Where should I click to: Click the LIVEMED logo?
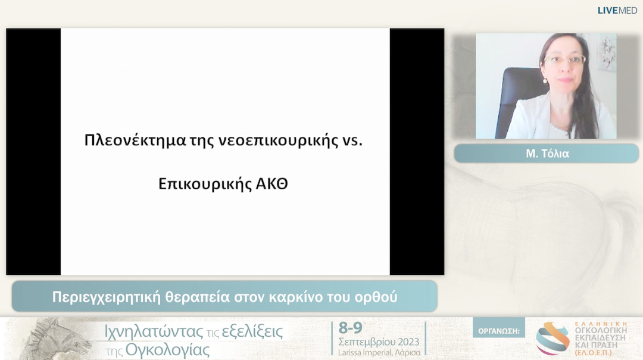coord(617,10)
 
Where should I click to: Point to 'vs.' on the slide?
coord(351,141)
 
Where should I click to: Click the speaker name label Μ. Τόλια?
coord(546,154)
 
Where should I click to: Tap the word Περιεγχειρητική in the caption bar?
coord(105,296)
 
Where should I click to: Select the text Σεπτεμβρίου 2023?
coord(379,342)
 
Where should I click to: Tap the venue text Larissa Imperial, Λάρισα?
coord(379,352)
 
